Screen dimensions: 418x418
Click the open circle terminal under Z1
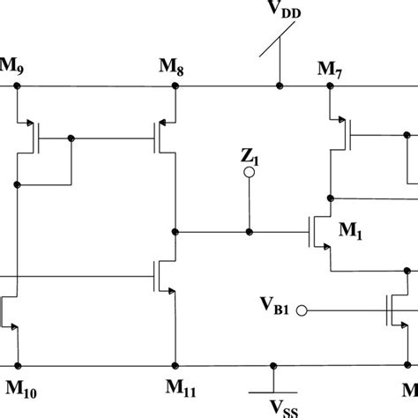(x=250, y=174)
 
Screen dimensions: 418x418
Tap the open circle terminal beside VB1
(x=302, y=310)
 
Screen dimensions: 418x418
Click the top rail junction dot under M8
(x=176, y=87)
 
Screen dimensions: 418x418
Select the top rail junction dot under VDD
(x=279, y=87)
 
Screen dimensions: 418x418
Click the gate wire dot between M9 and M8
(x=71, y=138)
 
